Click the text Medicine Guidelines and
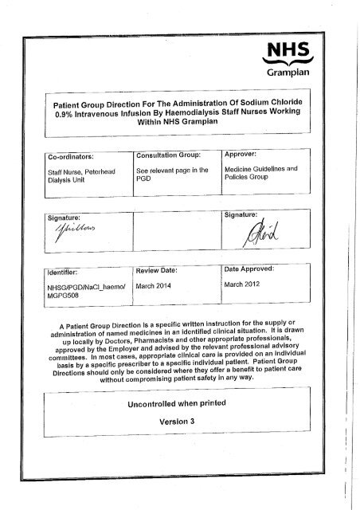click(x=260, y=169)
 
